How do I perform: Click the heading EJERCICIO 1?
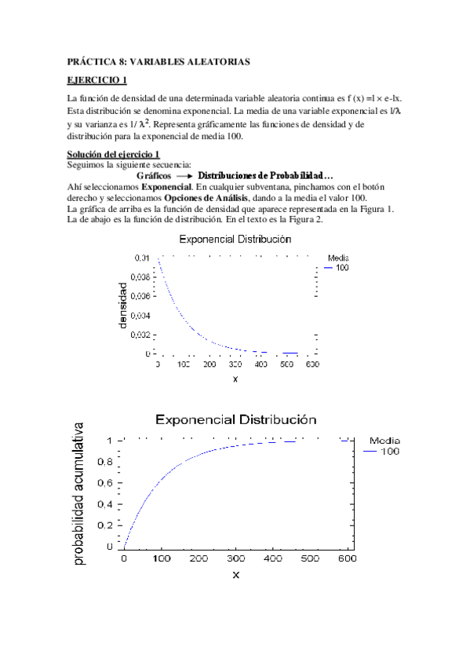[x=97, y=80]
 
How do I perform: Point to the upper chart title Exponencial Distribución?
[x=235, y=239]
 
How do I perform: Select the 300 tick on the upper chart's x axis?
[x=235, y=365]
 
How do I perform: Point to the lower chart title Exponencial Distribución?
[x=235, y=419]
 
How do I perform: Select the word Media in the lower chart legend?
[x=384, y=441]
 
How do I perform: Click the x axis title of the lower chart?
[x=235, y=575]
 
